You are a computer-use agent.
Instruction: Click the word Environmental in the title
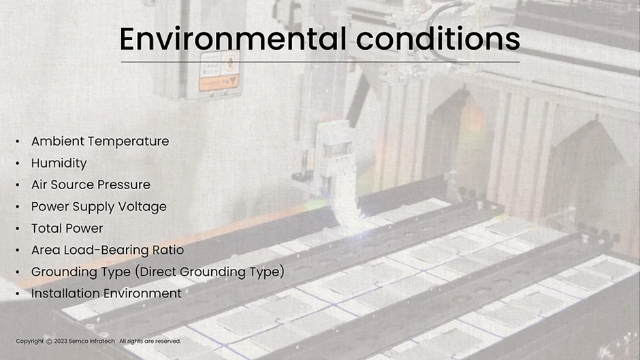233,39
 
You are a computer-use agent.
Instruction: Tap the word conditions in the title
438,39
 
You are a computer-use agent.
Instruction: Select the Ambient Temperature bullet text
100,142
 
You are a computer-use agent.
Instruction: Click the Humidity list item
59,163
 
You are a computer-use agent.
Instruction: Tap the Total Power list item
67,228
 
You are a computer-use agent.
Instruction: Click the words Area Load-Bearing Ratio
108,250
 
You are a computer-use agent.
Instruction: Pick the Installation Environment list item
106,293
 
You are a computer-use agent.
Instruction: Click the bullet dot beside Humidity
18,164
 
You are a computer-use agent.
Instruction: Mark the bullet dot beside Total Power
18,229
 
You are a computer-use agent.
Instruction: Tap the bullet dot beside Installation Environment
18,294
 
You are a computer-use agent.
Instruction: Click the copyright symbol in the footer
49,341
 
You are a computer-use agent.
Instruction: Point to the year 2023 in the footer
61,341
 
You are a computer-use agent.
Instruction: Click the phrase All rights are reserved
150,341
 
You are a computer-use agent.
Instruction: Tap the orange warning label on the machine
219,83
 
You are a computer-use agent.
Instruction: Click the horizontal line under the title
320,62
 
